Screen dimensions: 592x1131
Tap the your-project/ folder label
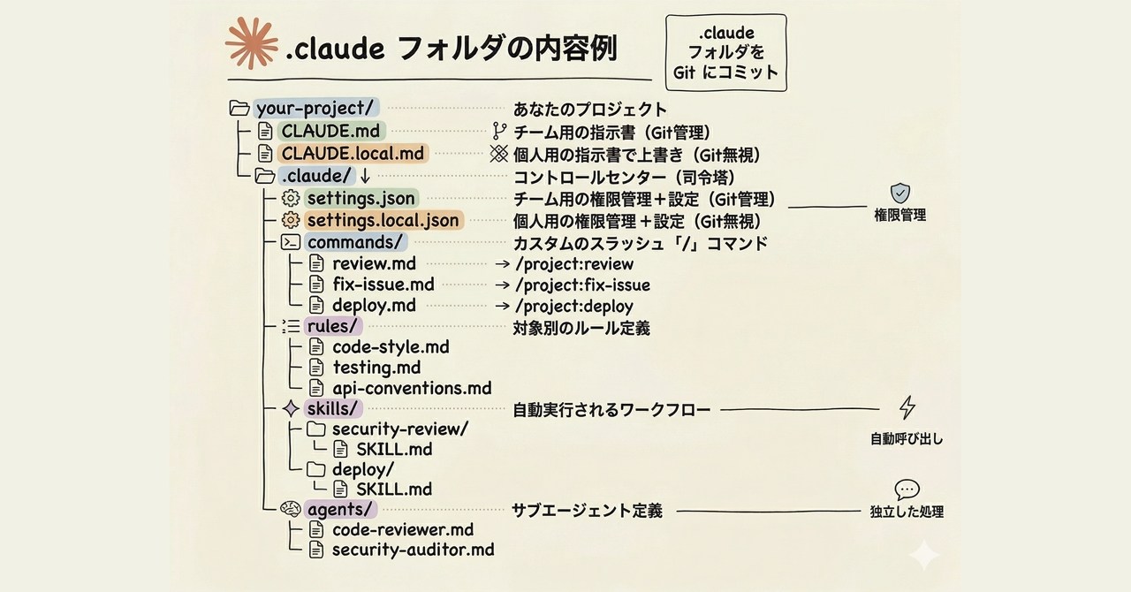pyautogui.click(x=315, y=109)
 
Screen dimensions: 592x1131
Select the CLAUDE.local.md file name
pyautogui.click(x=353, y=154)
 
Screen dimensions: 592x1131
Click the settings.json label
pyautogui.click(x=361, y=199)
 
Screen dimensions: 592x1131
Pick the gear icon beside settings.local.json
pyautogui.click(x=290, y=221)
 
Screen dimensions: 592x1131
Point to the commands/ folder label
pyautogui.click(x=355, y=242)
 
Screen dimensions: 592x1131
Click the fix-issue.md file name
pyautogui.click(x=383, y=285)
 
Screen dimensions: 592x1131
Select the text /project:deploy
pyautogui.click(x=575, y=307)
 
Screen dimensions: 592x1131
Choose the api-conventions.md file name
pyautogui.click(x=411, y=388)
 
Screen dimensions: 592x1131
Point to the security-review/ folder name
pyautogui.click(x=399, y=429)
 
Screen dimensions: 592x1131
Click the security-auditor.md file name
pyautogui.click(x=413, y=550)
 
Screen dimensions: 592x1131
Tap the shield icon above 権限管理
pyautogui.click(x=899, y=193)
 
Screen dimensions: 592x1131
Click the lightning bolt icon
pyautogui.click(x=907, y=407)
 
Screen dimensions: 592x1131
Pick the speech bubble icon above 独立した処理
pyautogui.click(x=907, y=490)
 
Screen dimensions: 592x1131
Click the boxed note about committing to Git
pyautogui.click(x=725, y=53)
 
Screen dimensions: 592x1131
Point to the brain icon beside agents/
pyautogui.click(x=291, y=509)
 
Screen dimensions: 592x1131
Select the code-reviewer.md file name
pyautogui.click(x=403, y=529)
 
